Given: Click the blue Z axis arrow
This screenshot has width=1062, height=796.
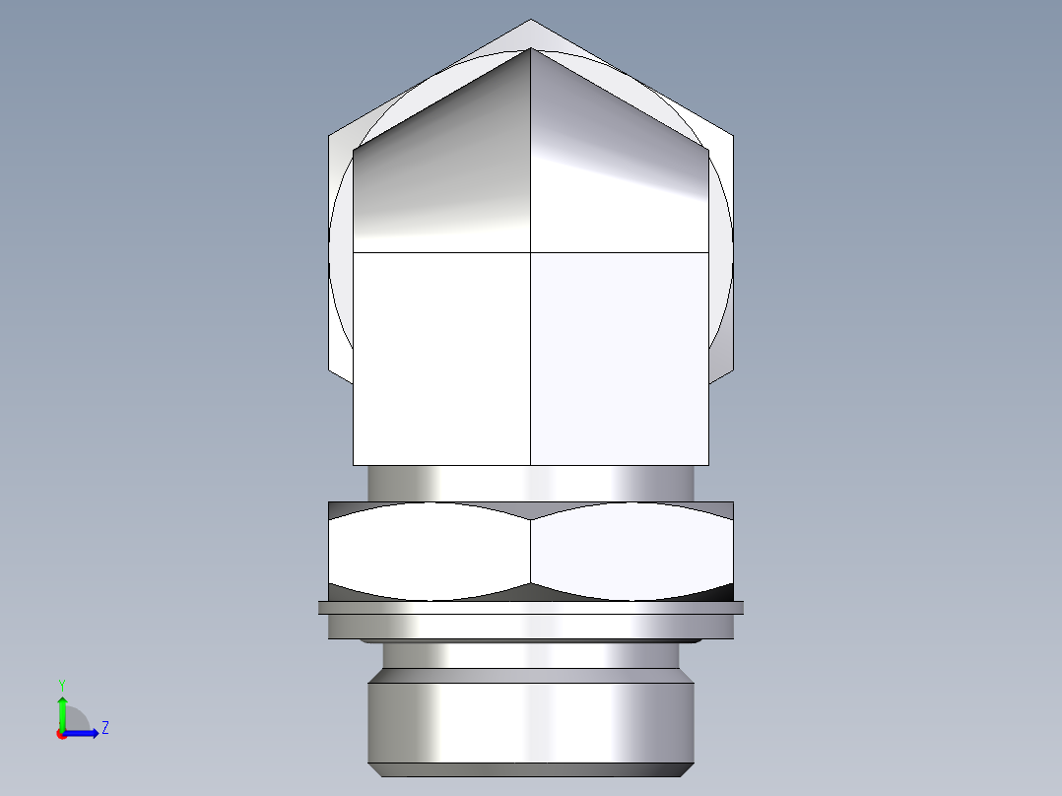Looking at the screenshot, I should coord(86,732).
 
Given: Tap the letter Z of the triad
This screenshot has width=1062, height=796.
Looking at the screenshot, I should coord(104,728).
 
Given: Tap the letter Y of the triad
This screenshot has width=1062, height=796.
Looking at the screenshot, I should coord(61,684).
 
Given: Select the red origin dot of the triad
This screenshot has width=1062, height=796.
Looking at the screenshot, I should coord(61,734).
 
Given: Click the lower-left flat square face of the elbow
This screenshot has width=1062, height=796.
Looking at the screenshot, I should coord(441,358).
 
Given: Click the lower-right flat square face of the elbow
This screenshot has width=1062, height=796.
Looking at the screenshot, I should coord(619,358).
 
